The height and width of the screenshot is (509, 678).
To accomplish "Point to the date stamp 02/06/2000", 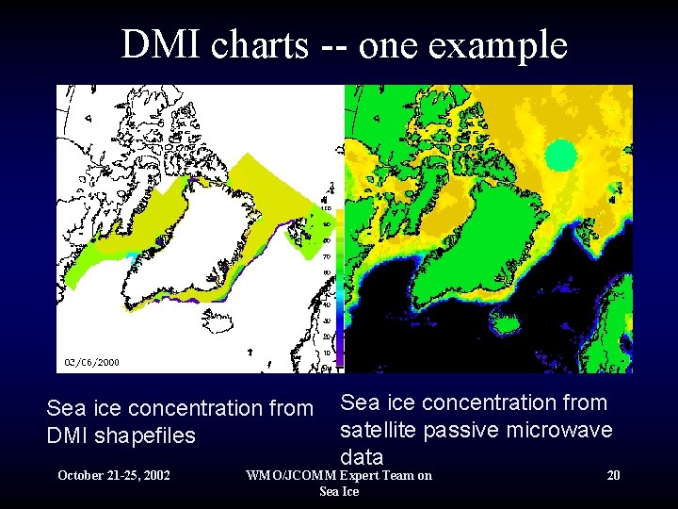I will [91, 361].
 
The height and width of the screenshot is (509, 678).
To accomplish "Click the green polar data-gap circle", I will [561, 155].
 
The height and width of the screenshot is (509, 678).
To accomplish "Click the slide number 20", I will [613, 475].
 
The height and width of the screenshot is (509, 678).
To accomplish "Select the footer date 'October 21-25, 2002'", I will [114, 475].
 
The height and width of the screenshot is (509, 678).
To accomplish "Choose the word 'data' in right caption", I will [361, 457].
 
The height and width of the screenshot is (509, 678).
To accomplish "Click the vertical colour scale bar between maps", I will [340, 283].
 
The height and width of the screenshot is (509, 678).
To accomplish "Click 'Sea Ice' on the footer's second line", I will [339, 491].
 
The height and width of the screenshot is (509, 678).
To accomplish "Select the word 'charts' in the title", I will [263, 44].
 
